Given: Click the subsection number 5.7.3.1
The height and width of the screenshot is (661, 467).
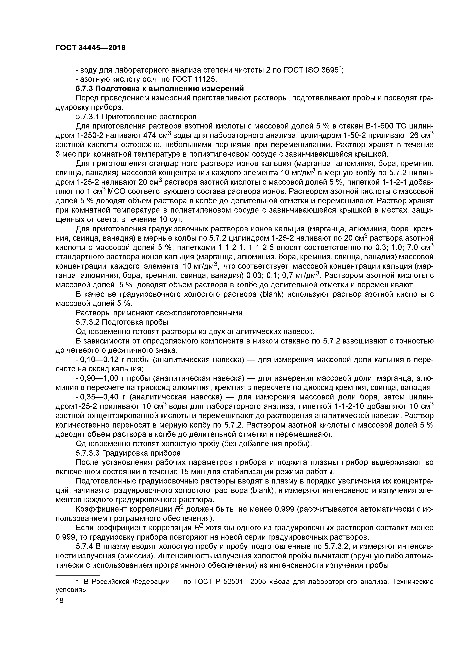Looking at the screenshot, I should click(x=88, y=117).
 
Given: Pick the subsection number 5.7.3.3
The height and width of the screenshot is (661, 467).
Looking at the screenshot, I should click(x=88, y=453).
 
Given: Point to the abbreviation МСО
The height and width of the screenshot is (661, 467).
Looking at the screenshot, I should click(x=117, y=191).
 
